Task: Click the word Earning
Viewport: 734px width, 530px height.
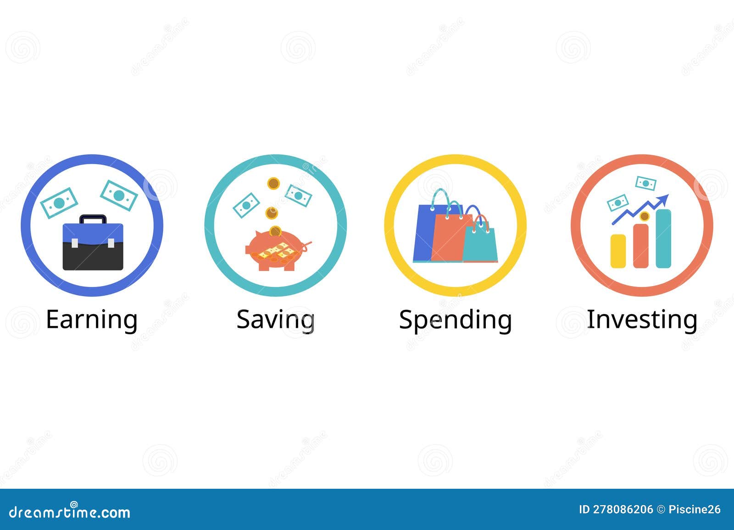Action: [92, 319]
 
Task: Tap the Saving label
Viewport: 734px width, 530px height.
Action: [275, 319]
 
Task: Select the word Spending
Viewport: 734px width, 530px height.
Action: [455, 319]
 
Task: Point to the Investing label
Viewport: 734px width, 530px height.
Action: [642, 319]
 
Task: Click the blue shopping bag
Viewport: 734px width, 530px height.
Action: [424, 234]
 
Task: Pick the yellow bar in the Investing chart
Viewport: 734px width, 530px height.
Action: [618, 251]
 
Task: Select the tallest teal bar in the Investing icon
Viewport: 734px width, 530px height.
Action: [663, 238]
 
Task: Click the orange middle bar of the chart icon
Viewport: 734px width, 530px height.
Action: [640, 246]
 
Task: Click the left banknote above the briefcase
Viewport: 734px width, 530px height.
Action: [59, 202]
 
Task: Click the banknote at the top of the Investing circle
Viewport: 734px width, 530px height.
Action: [645, 183]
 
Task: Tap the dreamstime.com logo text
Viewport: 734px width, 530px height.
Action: [70, 512]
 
